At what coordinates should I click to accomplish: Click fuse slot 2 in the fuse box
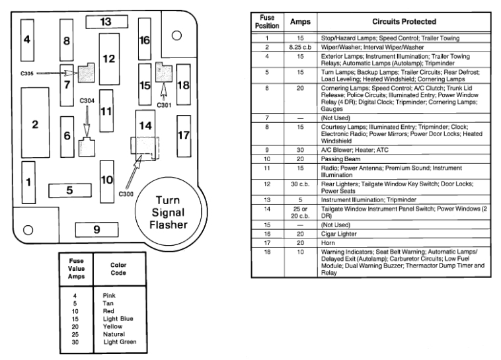pyautogui.click(x=35, y=124)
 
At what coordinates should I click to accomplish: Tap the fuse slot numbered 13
pyautogui.click(x=106, y=22)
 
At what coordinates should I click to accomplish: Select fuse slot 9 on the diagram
pyautogui.click(x=96, y=230)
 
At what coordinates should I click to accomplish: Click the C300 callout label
pyautogui.click(x=125, y=194)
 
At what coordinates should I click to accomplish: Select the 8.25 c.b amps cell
pyautogui.click(x=300, y=48)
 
